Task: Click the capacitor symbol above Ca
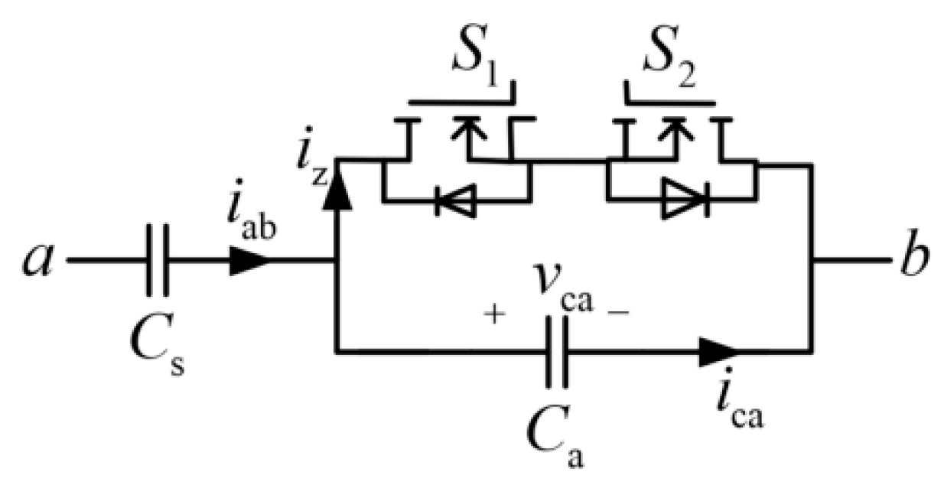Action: (557, 351)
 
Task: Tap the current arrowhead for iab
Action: (249, 260)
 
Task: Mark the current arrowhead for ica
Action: (719, 351)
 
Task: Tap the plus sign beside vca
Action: (495, 314)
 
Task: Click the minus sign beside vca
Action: (616, 314)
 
